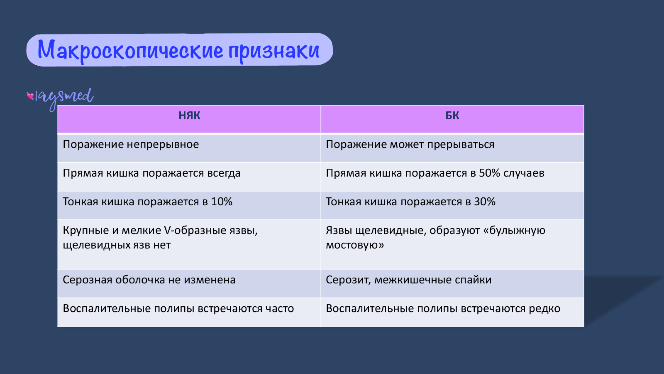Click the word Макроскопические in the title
click(x=130, y=50)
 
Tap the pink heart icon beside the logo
click(x=30, y=96)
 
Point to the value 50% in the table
click(x=490, y=173)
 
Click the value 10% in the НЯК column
click(x=222, y=202)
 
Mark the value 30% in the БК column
click(x=485, y=202)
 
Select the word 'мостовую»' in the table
click(x=355, y=245)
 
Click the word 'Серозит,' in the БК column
click(x=349, y=280)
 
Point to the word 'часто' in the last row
click(x=280, y=309)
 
